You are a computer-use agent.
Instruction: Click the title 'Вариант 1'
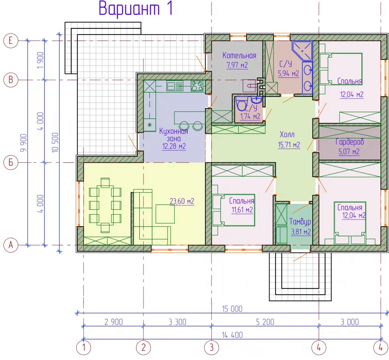pyautogui.click(x=135, y=9)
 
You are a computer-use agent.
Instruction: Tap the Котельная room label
pyautogui.click(x=239, y=55)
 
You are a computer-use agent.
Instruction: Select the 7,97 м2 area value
pyautogui.click(x=237, y=65)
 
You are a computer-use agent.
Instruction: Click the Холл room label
pyautogui.click(x=287, y=135)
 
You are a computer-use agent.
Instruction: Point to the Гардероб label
pyautogui.click(x=350, y=142)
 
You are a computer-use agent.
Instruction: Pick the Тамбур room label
pyautogui.click(x=300, y=221)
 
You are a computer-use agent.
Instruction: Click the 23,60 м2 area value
pyautogui.click(x=182, y=201)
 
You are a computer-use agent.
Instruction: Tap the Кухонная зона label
pyautogui.click(x=173, y=135)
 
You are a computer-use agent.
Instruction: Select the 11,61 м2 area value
pyautogui.click(x=242, y=210)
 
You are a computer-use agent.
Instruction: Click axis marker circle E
pyautogui.click(x=11, y=40)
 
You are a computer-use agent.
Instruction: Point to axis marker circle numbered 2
pyautogui.click(x=144, y=347)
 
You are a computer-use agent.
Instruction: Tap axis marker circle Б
pyautogui.click(x=11, y=162)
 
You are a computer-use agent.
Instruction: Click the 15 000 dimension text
pyautogui.click(x=232, y=309)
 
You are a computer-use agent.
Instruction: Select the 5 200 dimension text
pyautogui.click(x=265, y=322)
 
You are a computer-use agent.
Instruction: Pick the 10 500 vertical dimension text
pyautogui.click(x=55, y=142)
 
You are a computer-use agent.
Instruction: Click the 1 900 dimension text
pyautogui.click(x=40, y=60)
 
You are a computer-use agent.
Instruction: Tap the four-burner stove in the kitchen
pyautogui.click(x=197, y=86)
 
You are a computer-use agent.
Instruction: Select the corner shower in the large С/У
pyautogui.click(x=302, y=51)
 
